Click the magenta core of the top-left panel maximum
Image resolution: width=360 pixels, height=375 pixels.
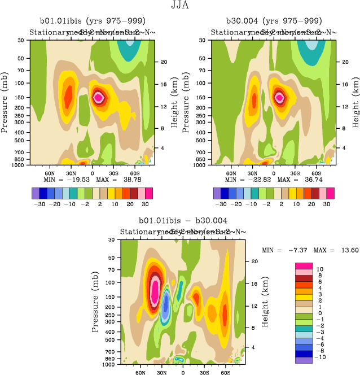point(99,97)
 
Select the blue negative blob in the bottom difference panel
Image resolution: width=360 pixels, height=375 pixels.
point(166,305)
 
